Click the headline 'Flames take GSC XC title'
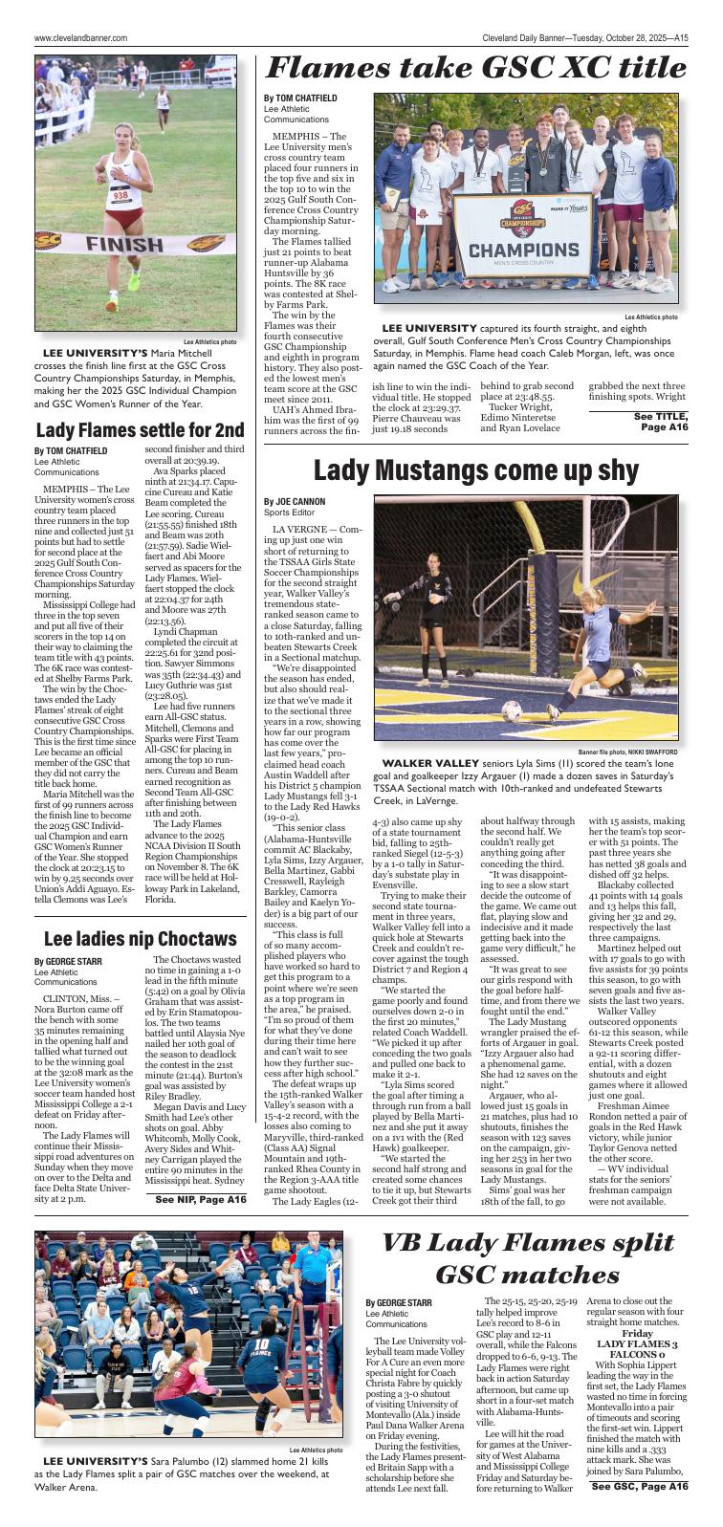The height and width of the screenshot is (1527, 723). click(x=475, y=68)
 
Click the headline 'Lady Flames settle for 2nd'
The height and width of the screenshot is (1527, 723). click(x=140, y=429)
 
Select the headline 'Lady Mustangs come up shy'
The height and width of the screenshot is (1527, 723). click(x=474, y=470)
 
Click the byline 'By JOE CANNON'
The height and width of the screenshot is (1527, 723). click(x=295, y=501)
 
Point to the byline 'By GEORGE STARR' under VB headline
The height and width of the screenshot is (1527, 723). click(x=398, y=1302)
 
